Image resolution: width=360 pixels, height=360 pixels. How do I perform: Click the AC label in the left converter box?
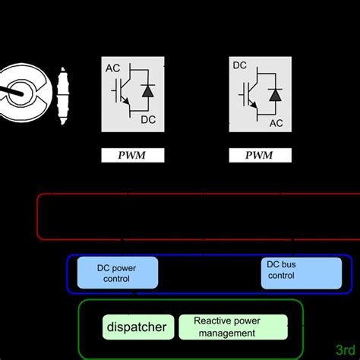pyautogui.click(x=113, y=68)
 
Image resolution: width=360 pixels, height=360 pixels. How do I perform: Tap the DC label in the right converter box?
pyautogui.click(x=240, y=67)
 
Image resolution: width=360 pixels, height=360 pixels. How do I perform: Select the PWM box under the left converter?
pyautogui.click(x=133, y=156)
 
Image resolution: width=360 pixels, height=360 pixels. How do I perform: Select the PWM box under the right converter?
pyautogui.click(x=261, y=156)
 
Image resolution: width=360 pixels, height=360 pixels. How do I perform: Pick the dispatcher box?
pyautogui.click(x=136, y=328)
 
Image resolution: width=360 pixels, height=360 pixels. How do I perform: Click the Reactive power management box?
pyautogui.click(x=232, y=327)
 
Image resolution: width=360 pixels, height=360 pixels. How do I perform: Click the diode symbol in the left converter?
pyautogui.click(x=147, y=92)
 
